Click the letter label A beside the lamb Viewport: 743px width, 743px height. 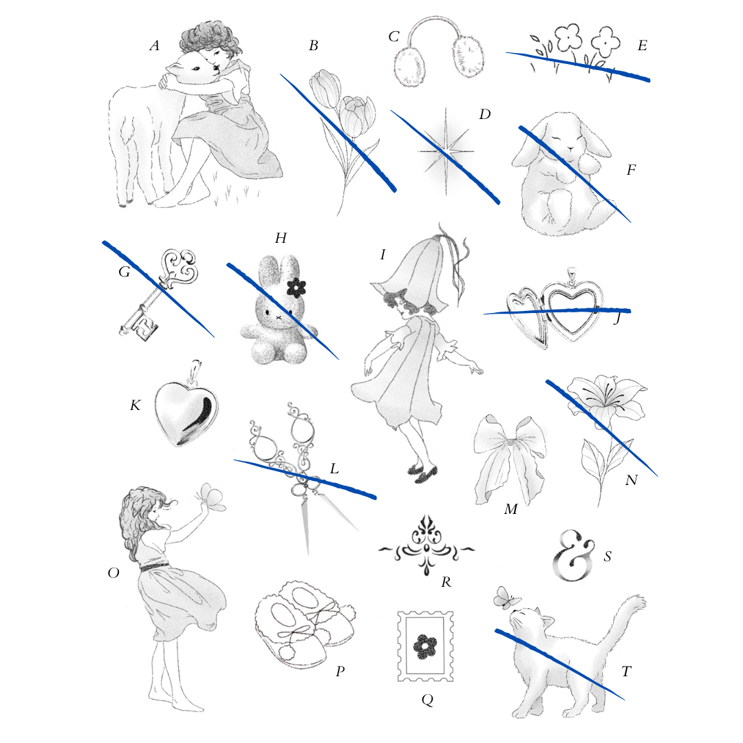[155, 45]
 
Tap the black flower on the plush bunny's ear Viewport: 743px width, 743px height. [297, 288]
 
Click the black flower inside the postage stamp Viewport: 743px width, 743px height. [425, 646]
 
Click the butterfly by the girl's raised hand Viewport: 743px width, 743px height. [211, 497]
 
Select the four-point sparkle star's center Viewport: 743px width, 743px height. [445, 151]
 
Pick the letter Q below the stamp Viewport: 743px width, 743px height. [427, 700]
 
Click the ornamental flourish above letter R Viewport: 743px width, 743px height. [427, 545]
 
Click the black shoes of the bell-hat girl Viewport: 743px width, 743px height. [423, 471]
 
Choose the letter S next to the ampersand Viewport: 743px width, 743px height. [607, 556]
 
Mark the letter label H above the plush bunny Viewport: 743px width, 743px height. [281, 238]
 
